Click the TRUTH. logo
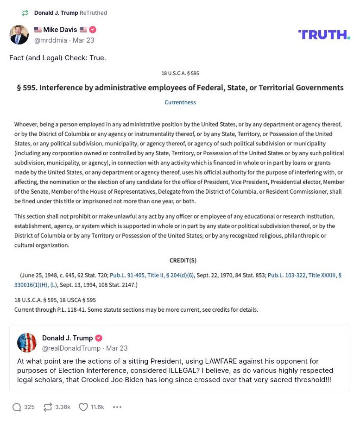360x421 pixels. pyautogui.click(x=324, y=34)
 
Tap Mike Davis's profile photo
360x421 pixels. pyautogui.click(x=19, y=35)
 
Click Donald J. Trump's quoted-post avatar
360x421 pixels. pyautogui.click(x=27, y=343)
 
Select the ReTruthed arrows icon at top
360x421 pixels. pyautogui.click(x=25, y=13)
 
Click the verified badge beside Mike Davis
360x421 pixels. pyautogui.click(x=93, y=30)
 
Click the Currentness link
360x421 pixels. pyautogui.click(x=180, y=102)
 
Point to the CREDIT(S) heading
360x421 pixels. pyautogui.click(x=183, y=260)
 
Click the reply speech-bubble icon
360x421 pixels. pyautogui.click(x=17, y=407)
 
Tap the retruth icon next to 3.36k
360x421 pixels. pyautogui.click(x=47, y=407)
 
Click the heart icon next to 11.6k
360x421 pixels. pyautogui.click(x=83, y=407)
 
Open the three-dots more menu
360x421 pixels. pyautogui.click(x=117, y=407)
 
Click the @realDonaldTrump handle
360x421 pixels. pyautogui.click(x=71, y=348)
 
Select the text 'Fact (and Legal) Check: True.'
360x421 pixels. pyautogui.click(x=57, y=58)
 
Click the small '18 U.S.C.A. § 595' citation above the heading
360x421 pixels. pyautogui.click(x=180, y=73)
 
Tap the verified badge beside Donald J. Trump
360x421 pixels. pyautogui.click(x=99, y=338)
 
